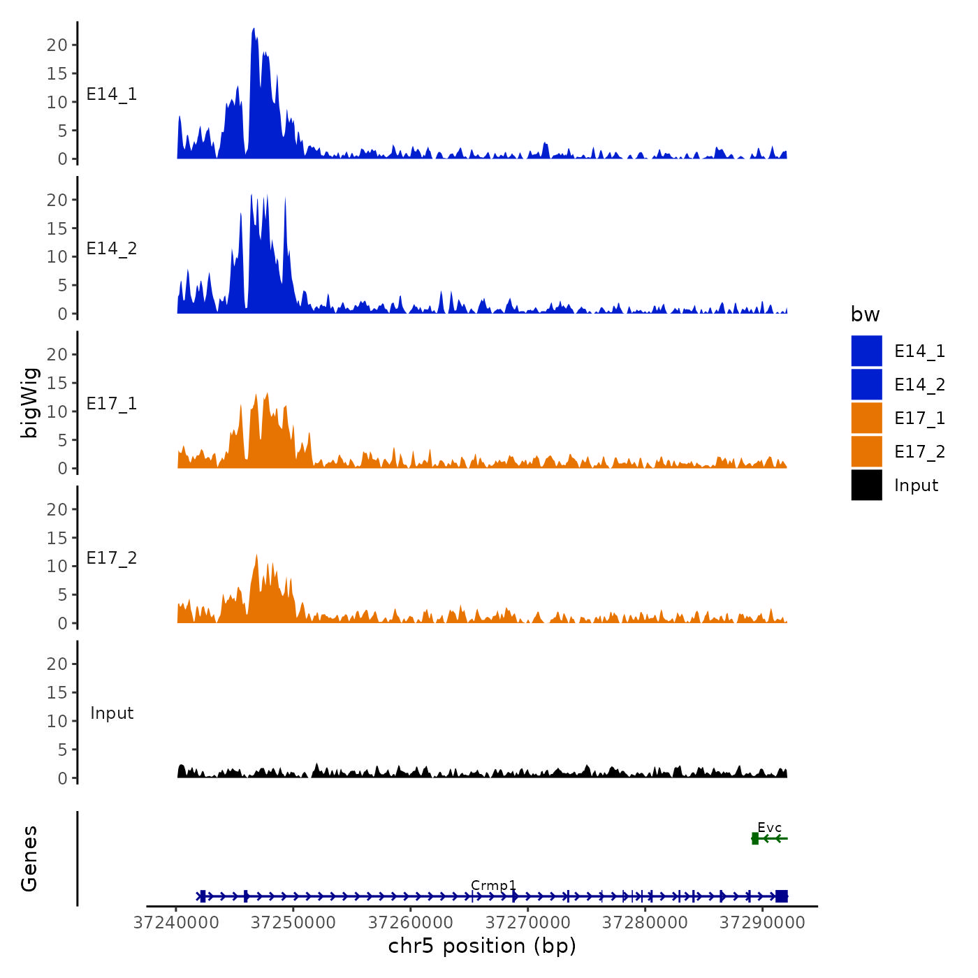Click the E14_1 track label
click(112, 94)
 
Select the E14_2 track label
click(112, 249)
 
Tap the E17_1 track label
click(112, 404)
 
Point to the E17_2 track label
click(112, 558)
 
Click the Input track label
click(112, 713)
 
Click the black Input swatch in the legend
click(866, 485)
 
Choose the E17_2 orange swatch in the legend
click(866, 451)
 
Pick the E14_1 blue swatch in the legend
click(866, 351)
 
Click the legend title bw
click(865, 315)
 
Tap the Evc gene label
click(769, 828)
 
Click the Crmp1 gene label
click(493, 885)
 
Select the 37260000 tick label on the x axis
click(411, 922)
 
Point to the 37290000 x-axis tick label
click(762, 922)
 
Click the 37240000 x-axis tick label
click(176, 922)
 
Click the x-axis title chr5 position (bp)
click(482, 946)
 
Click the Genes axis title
click(29, 859)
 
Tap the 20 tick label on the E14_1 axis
click(57, 45)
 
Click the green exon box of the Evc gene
click(755, 838)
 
